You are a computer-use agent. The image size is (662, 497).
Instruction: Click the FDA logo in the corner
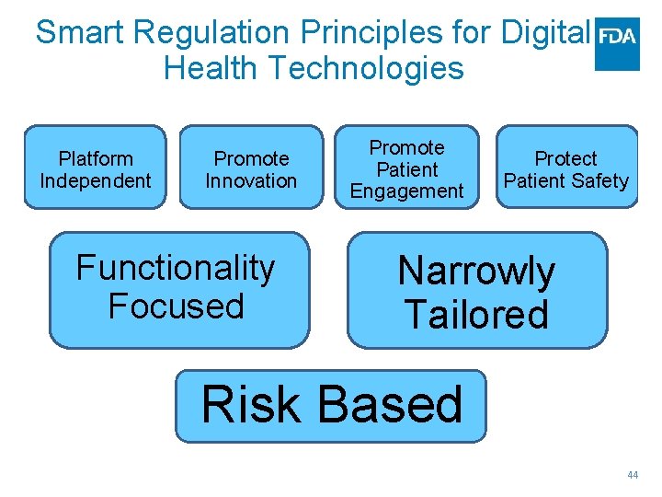(x=617, y=43)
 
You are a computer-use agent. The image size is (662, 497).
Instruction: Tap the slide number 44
(x=632, y=475)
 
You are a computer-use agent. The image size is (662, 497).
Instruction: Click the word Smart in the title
(x=81, y=33)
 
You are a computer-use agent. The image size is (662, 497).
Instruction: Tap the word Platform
(x=95, y=159)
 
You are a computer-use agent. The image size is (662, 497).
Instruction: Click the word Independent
(x=95, y=180)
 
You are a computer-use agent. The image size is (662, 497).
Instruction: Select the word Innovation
(x=251, y=180)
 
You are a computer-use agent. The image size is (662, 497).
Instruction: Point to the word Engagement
(x=406, y=191)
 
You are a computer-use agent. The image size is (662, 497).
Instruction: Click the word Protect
(x=565, y=159)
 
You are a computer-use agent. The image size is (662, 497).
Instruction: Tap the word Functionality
(x=176, y=269)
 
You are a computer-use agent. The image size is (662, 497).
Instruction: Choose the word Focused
(x=176, y=306)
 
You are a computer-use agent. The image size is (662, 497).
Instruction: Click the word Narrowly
(x=476, y=272)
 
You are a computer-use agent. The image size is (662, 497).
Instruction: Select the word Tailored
(x=476, y=314)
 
